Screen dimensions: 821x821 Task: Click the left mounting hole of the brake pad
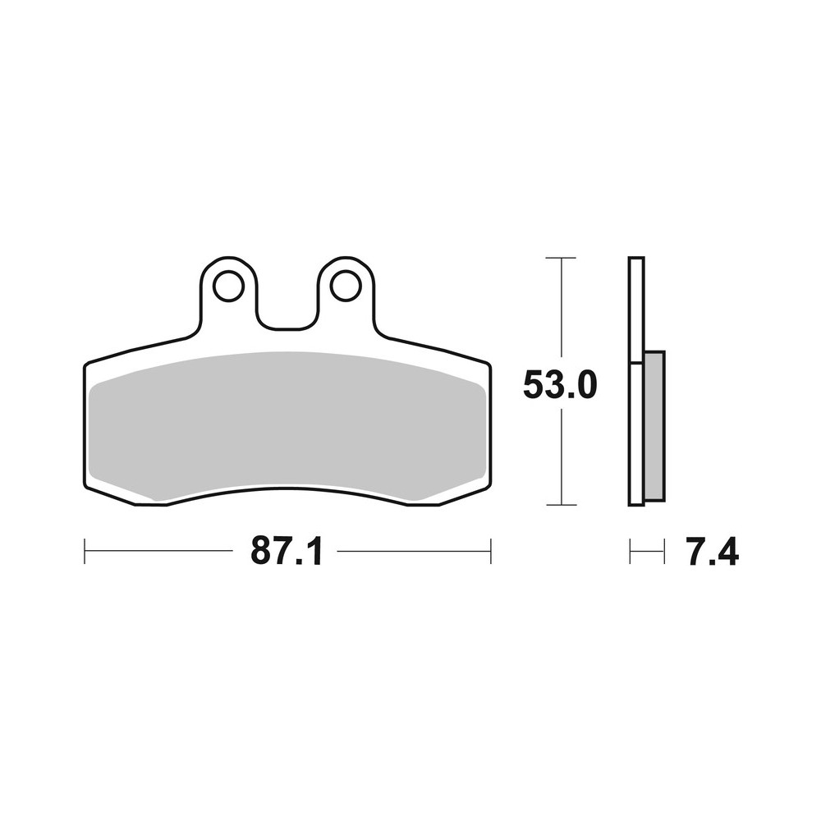[228, 286]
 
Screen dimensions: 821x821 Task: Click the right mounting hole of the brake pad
[346, 286]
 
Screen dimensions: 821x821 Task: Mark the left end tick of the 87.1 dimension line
[85, 551]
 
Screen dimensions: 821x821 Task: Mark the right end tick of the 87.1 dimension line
[490, 551]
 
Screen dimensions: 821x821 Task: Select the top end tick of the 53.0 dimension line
[561, 258]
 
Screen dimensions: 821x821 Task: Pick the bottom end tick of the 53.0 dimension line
[561, 504]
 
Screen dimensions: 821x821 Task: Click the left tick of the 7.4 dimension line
[630, 551]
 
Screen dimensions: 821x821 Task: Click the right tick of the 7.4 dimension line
[663, 551]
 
